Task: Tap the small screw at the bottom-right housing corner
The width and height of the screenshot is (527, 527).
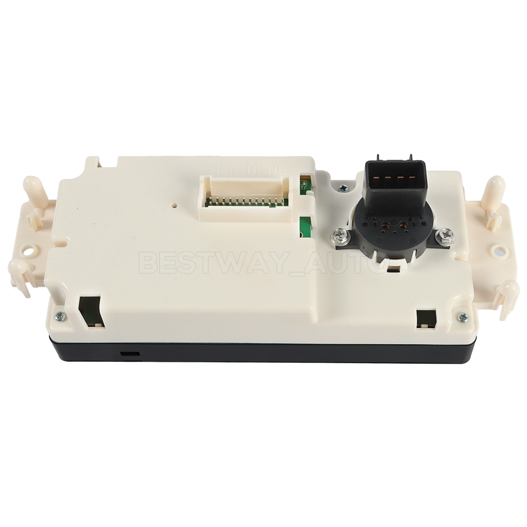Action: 463,317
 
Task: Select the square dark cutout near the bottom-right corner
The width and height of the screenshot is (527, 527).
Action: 425,318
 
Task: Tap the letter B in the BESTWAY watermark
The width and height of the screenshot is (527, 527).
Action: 148,263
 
